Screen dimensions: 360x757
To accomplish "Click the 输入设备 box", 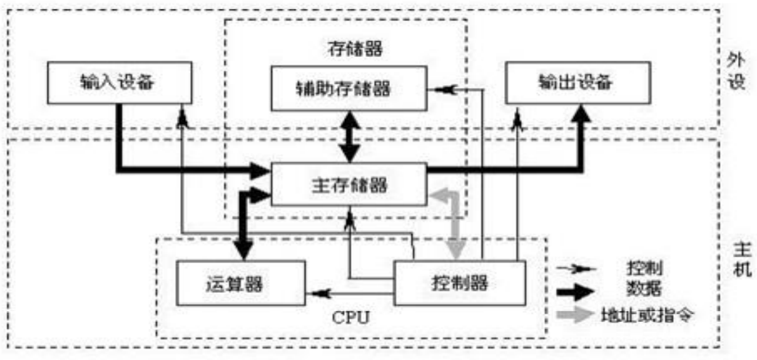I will point(119,82).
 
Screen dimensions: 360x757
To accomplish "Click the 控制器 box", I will point(460,283).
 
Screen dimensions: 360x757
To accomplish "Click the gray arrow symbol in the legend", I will point(576,315).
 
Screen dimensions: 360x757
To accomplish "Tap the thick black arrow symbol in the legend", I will point(576,291).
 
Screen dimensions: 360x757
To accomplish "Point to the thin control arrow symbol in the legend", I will point(576,268).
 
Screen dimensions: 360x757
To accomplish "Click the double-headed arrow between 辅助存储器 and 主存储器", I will point(348,137).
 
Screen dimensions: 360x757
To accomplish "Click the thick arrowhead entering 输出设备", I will point(581,115).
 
